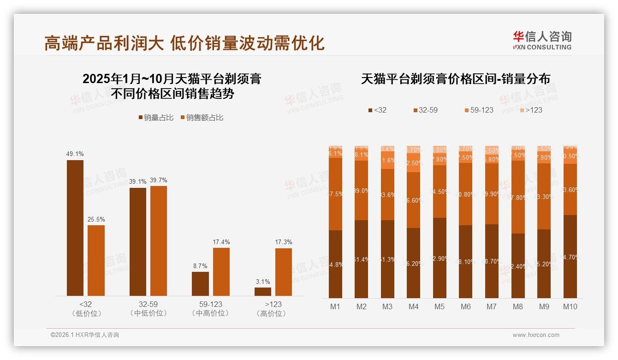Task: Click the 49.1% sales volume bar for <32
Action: pos(75,228)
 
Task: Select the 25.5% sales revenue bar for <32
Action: pos(96,260)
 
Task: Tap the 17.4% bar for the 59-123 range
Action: pos(221,272)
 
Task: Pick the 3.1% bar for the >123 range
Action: pos(263,292)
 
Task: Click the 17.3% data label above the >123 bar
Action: pos(283,242)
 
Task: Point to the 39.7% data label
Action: pos(159,180)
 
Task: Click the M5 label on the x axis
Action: pos(440,306)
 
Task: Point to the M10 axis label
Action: pos(570,306)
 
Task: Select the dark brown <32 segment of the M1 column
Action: pos(336,264)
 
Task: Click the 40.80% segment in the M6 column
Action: pos(466,194)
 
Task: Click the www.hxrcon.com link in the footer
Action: pos(536,335)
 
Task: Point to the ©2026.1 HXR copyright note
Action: pos(85,335)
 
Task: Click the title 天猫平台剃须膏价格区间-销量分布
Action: pos(455,79)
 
